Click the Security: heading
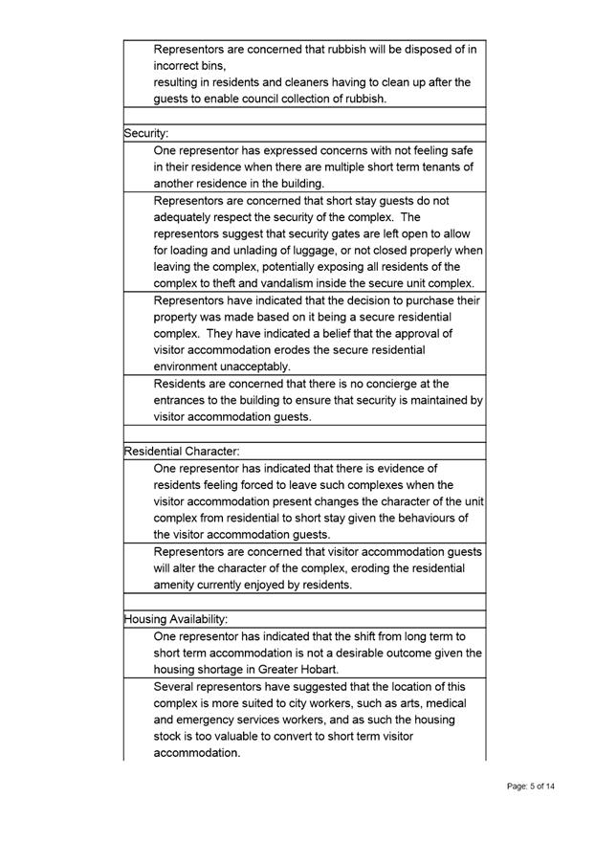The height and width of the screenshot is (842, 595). (146, 135)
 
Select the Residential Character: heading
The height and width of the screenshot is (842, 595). (182, 450)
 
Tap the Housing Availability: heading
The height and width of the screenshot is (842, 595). (176, 619)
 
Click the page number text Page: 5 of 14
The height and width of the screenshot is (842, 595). (531, 787)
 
